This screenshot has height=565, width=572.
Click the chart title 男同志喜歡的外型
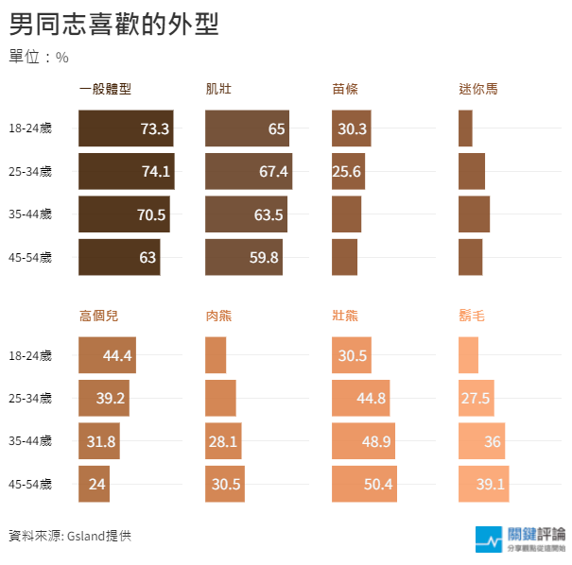click(x=113, y=24)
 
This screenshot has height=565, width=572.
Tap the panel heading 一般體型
click(x=105, y=90)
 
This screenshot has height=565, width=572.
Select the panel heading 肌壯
click(x=218, y=90)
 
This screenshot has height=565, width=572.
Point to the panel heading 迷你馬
click(x=477, y=90)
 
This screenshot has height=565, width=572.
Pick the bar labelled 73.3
click(x=126, y=128)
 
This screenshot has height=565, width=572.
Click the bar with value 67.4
click(x=249, y=171)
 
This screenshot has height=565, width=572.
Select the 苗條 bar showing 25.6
click(x=348, y=171)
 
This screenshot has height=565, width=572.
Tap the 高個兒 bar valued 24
click(x=95, y=484)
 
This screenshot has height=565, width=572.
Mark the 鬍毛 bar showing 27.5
click(x=477, y=398)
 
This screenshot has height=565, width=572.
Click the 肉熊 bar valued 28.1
click(x=224, y=440)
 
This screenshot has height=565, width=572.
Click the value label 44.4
click(x=117, y=355)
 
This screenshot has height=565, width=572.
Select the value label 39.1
click(x=491, y=484)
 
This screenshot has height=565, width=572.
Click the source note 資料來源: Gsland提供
click(x=70, y=536)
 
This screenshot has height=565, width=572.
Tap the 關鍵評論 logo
click(x=521, y=538)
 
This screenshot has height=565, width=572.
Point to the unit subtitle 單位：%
click(x=39, y=57)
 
